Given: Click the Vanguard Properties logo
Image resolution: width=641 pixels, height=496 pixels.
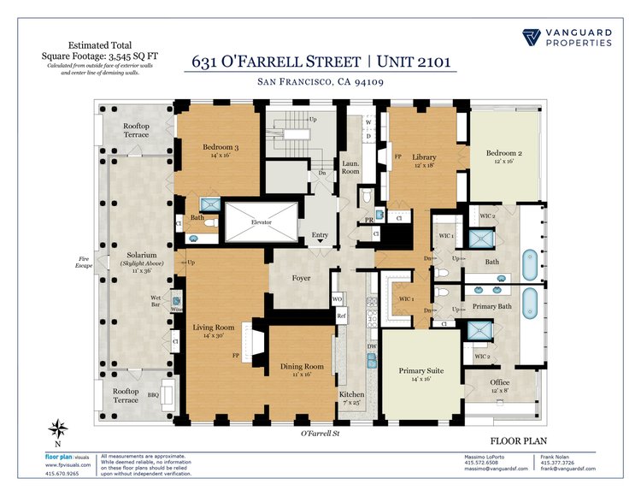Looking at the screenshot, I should [567, 37].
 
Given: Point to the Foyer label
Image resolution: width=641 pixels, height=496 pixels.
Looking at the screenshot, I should [301, 278].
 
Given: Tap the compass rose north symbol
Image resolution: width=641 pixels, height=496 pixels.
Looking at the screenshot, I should [58, 430].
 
